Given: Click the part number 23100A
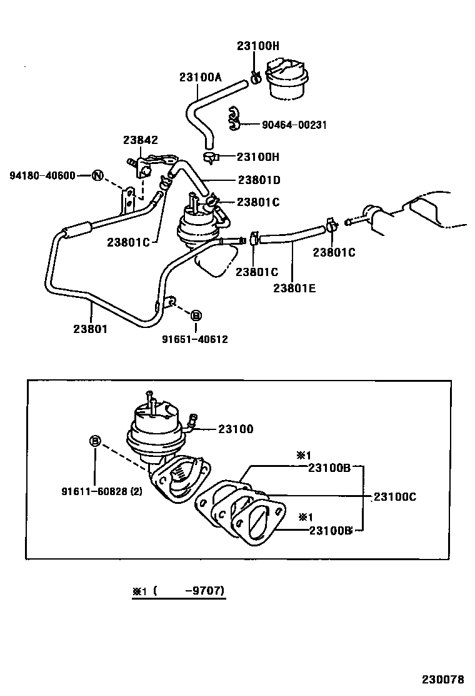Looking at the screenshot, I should point(201,77).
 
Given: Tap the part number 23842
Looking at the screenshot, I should point(140,140).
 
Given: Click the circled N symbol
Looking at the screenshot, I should point(97,175).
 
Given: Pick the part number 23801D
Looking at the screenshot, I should point(259,180).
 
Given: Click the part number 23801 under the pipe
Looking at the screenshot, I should point(90,327).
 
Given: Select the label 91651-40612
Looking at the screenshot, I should point(195,339).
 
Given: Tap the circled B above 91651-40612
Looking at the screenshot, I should point(195,315).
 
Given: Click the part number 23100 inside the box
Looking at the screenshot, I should point(236,429).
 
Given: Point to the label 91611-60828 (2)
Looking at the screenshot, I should point(102,491).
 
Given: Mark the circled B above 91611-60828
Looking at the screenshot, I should point(95,442).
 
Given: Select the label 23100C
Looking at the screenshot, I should point(395,497).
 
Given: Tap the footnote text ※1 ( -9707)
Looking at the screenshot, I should point(178,590).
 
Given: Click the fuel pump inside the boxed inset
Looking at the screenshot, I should point(154,429).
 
